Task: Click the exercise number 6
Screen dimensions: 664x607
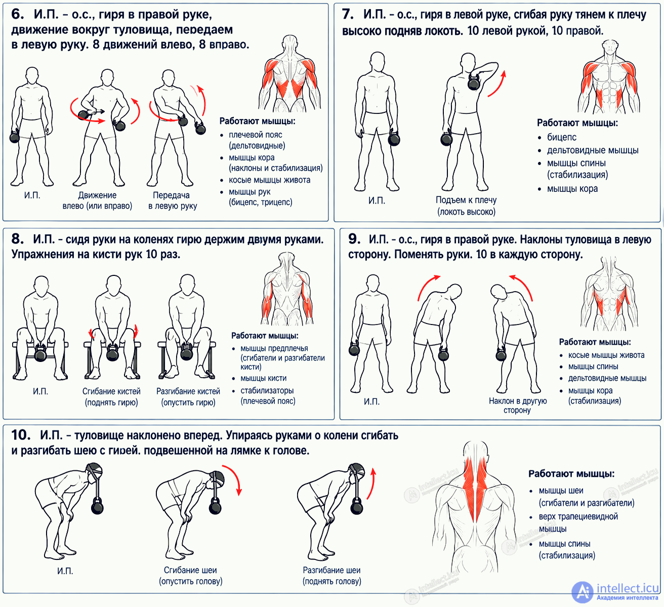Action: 18,14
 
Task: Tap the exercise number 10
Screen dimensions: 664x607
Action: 21,435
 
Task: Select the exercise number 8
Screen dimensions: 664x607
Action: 18,239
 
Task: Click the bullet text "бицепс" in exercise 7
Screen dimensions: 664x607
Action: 561,137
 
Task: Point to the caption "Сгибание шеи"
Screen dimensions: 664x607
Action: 190,570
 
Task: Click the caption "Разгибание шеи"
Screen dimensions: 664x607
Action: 331,570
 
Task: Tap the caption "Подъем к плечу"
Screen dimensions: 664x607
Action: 466,200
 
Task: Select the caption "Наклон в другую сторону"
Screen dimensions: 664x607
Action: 518,406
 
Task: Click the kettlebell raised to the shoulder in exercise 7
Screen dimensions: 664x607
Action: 474,82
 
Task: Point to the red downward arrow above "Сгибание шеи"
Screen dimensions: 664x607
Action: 233,479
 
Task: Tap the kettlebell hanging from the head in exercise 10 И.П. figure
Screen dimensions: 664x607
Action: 97,505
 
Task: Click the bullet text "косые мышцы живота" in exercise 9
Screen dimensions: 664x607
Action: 606,355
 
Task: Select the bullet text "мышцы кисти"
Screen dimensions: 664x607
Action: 264,378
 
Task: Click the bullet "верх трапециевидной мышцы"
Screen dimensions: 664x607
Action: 578,522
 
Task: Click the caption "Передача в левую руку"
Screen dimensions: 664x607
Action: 173,200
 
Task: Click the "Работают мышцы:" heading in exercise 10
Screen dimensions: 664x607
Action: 571,473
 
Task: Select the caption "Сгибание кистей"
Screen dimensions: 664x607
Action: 111,391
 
